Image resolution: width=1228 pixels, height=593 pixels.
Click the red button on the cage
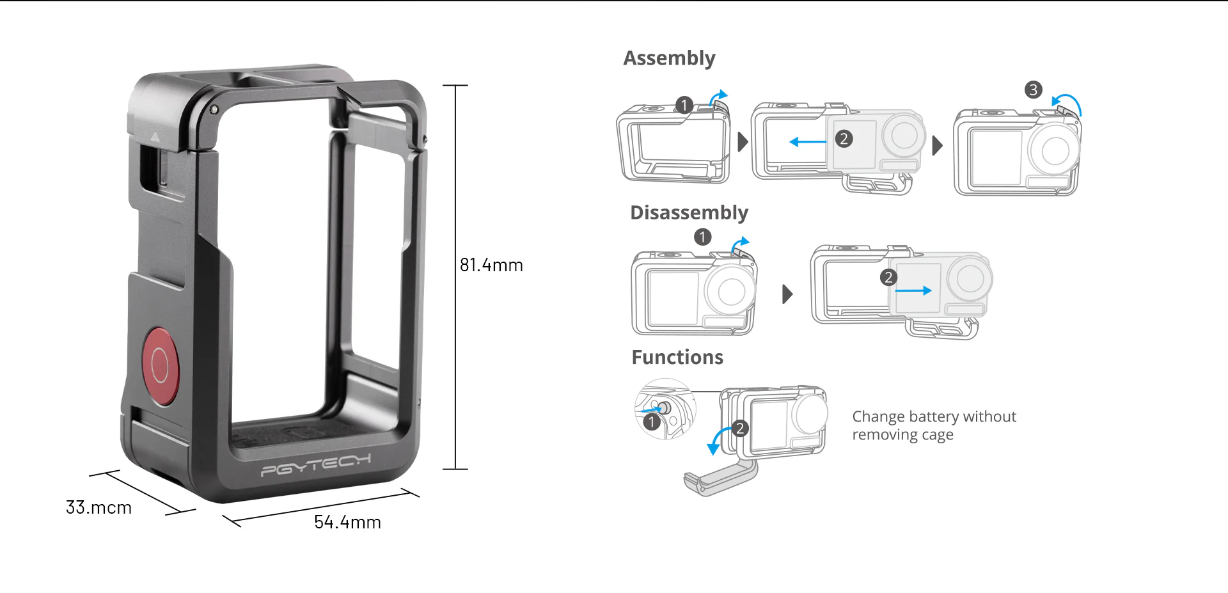(160, 367)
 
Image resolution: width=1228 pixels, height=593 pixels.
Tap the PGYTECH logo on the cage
(316, 465)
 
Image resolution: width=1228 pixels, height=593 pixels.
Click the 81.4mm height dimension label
(491, 265)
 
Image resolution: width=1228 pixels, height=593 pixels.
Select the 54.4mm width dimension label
(347, 522)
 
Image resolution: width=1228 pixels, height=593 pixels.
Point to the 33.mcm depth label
(98, 507)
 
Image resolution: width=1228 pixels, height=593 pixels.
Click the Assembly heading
(669, 58)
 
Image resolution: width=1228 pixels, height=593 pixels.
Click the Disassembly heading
(689, 212)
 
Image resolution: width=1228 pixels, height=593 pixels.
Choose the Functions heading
(677, 357)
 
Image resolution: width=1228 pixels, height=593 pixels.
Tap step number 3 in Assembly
(1033, 90)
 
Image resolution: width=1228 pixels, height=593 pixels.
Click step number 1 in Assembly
(684, 105)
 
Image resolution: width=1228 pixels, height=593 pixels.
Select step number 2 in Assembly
(844, 139)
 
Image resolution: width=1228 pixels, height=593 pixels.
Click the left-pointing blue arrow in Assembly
(808, 142)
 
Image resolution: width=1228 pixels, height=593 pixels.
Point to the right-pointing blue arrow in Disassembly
(913, 290)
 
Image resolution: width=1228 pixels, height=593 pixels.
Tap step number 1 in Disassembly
(702, 237)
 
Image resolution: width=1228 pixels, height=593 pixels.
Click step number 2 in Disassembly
(888, 277)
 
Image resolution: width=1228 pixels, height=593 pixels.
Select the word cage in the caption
(937, 436)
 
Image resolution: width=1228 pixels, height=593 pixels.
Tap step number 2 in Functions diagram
(740, 428)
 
